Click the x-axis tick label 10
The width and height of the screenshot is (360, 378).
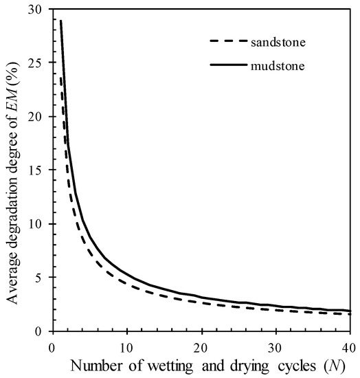[126, 345]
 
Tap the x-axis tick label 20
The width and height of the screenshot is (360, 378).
[201, 345]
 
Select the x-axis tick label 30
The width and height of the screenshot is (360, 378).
[275, 345]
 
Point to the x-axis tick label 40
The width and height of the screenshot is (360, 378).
[348, 345]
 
